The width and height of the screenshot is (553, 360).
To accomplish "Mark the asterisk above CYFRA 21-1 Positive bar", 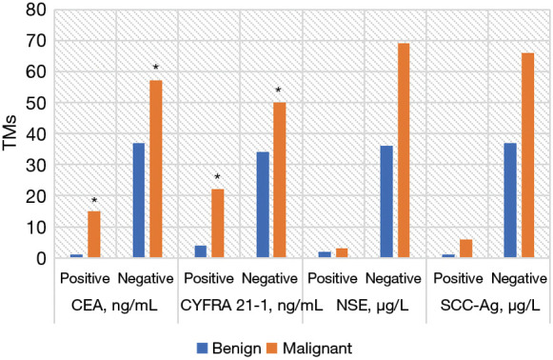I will tap(217, 178).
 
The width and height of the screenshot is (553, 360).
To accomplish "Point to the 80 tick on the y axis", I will tap(34, 10).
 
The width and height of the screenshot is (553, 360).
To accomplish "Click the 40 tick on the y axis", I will tap(34, 134).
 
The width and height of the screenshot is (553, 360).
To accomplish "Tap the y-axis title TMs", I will tap(11, 134).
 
